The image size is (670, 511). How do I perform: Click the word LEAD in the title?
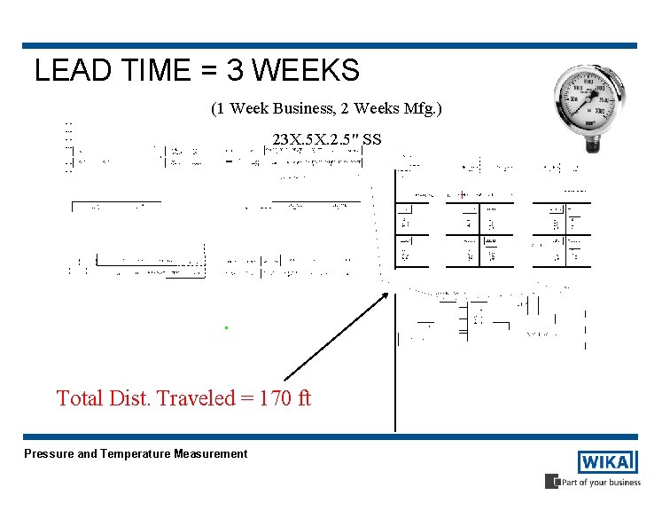(65, 70)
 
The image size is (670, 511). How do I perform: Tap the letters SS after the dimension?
(372, 139)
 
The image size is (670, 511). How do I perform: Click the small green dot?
(227, 328)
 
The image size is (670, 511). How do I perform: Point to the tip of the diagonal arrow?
(387, 294)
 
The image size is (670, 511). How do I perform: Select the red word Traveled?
(192, 398)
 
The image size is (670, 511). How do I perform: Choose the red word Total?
(80, 398)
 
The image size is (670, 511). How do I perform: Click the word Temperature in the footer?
(136, 454)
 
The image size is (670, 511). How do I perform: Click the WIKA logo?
(608, 462)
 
